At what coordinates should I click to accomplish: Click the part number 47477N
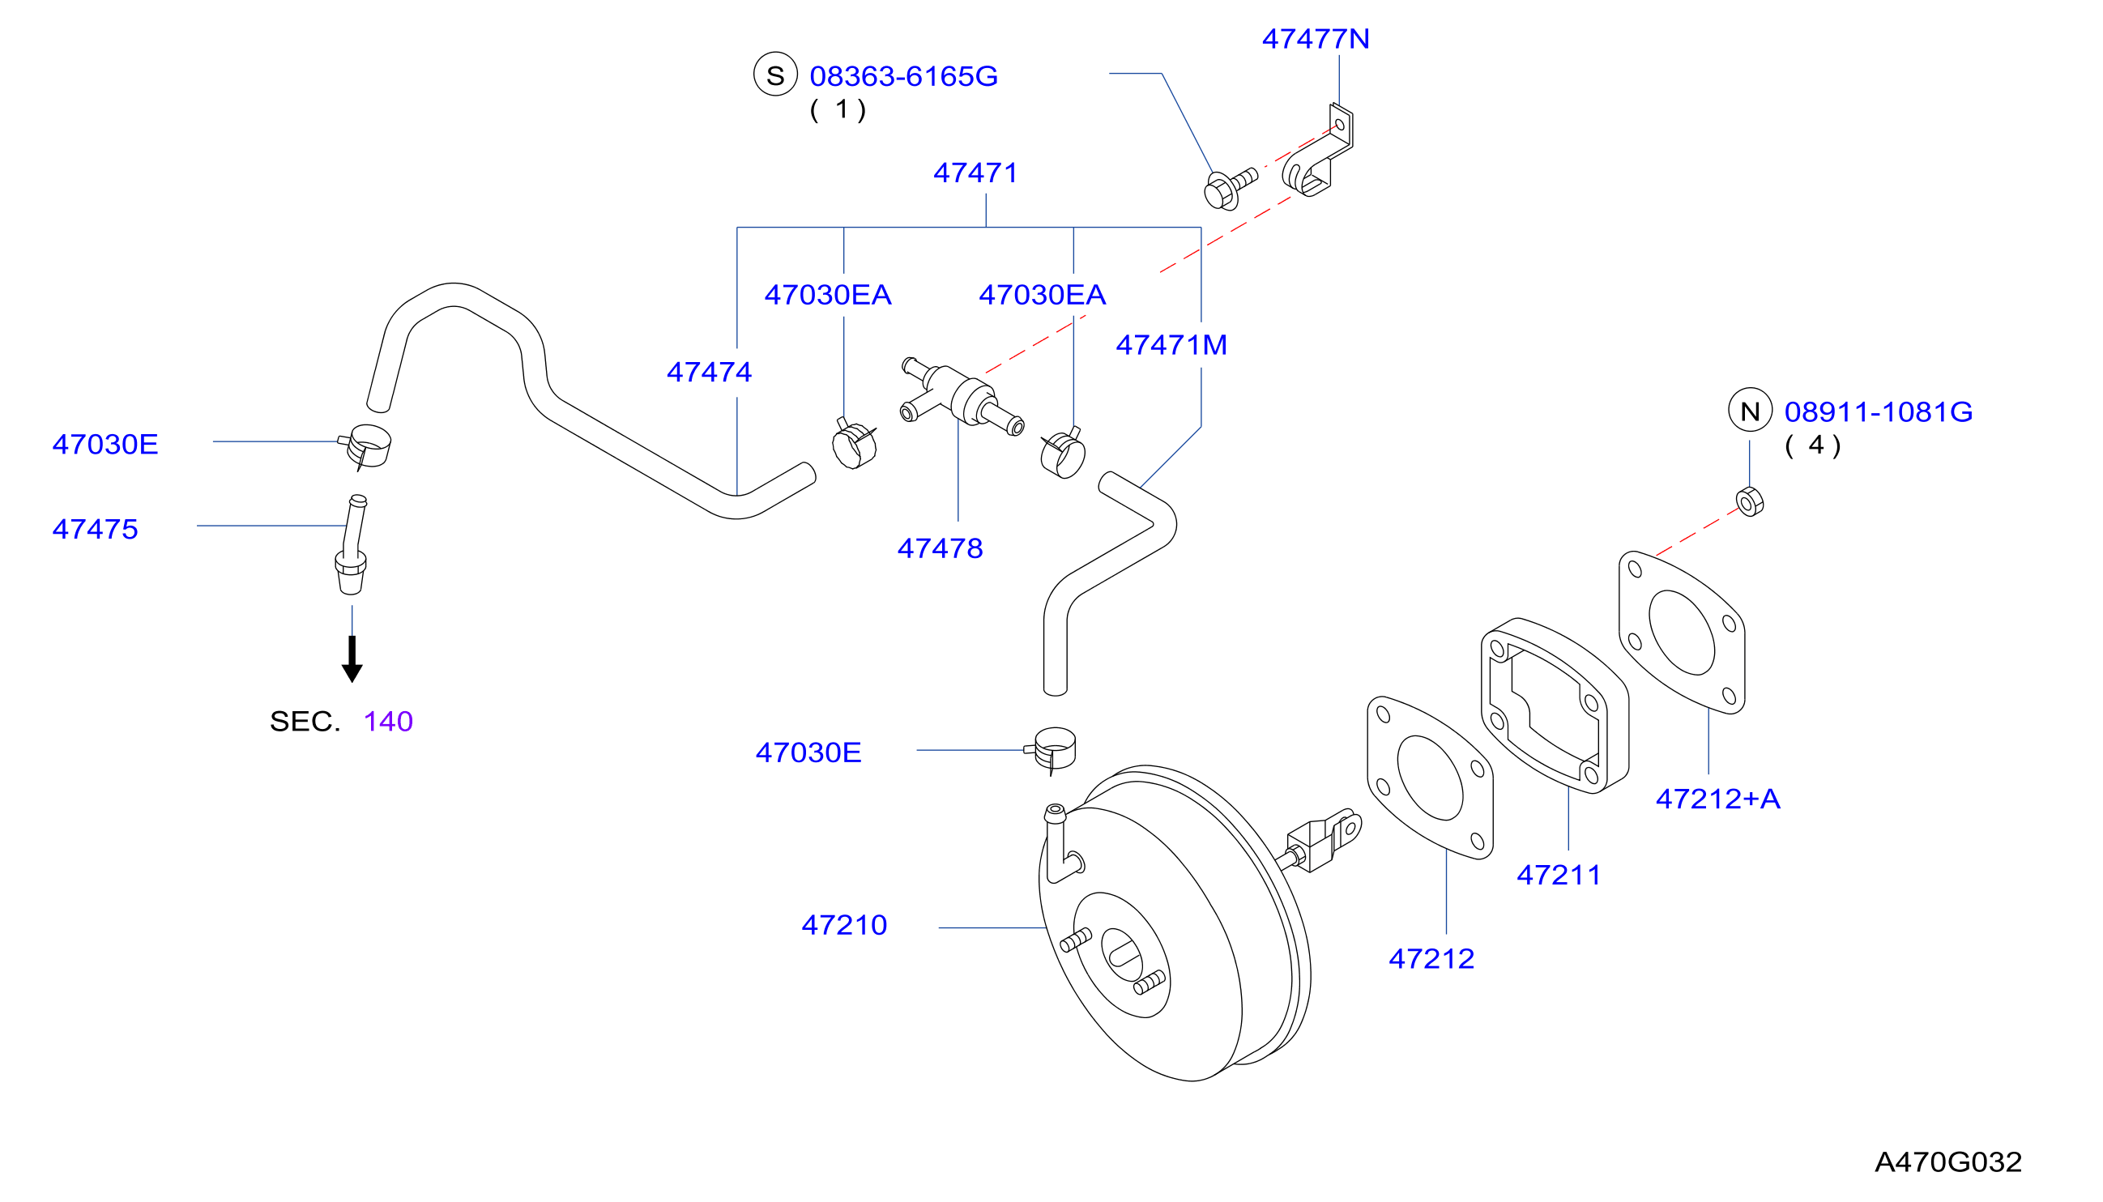[x=1316, y=39]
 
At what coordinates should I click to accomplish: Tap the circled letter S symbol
[x=775, y=75]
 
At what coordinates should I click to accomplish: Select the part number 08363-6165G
[x=903, y=76]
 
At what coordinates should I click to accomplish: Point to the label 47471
[x=975, y=173]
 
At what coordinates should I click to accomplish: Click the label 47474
[x=710, y=373]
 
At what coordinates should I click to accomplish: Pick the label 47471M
[x=1171, y=345]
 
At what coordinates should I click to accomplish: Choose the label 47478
[x=940, y=548]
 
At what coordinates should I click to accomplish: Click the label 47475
[x=95, y=529]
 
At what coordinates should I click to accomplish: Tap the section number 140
[x=388, y=722]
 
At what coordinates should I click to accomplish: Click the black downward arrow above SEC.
[x=352, y=659]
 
